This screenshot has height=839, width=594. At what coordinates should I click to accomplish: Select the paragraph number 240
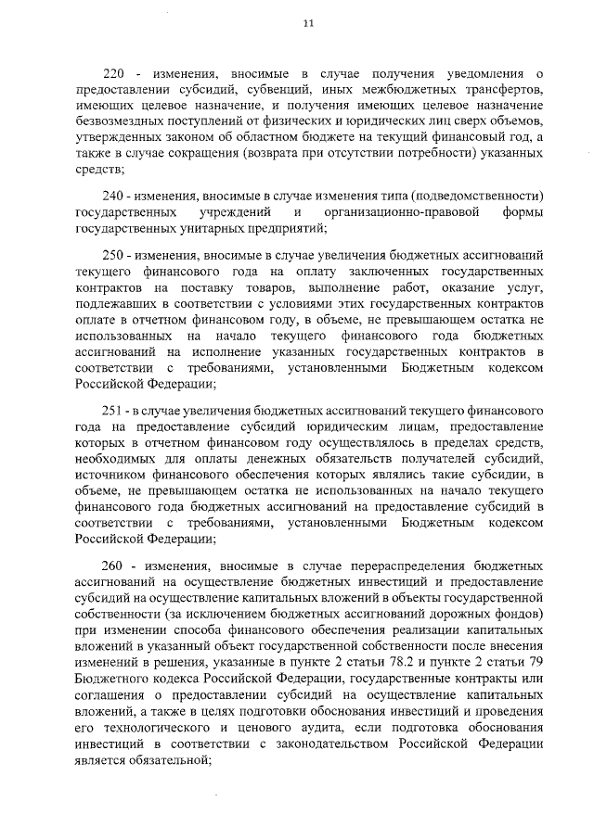tap(112, 197)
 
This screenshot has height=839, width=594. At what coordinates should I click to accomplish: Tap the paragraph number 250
tap(112, 254)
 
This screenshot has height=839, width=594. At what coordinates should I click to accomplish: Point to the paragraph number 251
tap(112, 410)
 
